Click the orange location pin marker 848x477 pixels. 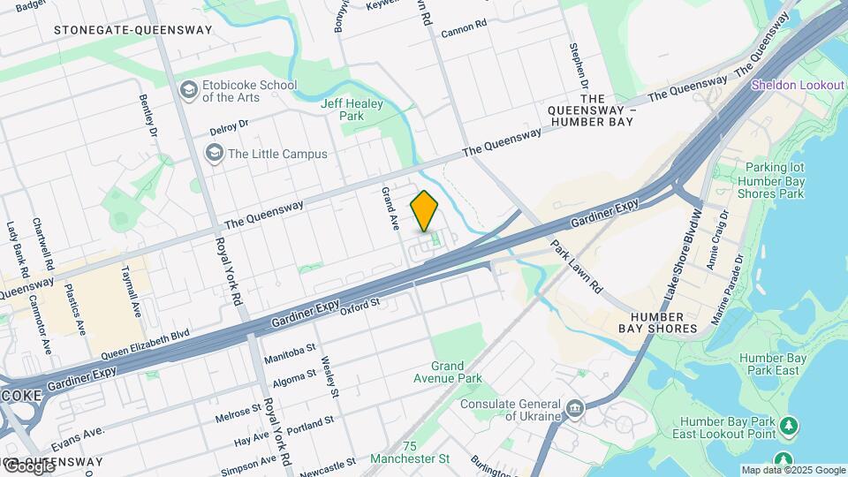click(x=425, y=210)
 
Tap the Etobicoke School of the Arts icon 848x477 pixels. click(x=188, y=90)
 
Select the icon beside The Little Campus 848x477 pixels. click(x=214, y=154)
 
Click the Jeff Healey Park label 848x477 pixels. click(x=342, y=110)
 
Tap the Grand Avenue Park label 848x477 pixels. click(x=456, y=372)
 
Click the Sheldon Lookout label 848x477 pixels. click(x=799, y=85)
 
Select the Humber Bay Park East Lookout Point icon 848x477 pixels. click(x=789, y=428)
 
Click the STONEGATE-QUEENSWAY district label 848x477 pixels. click(x=132, y=30)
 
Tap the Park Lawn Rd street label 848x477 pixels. click(x=576, y=266)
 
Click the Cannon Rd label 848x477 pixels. click(x=464, y=28)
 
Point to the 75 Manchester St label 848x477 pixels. click(x=410, y=452)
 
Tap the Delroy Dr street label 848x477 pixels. click(x=230, y=128)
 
